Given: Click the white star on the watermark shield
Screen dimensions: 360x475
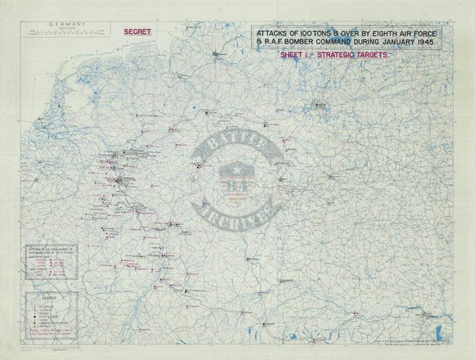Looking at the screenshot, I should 237,170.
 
